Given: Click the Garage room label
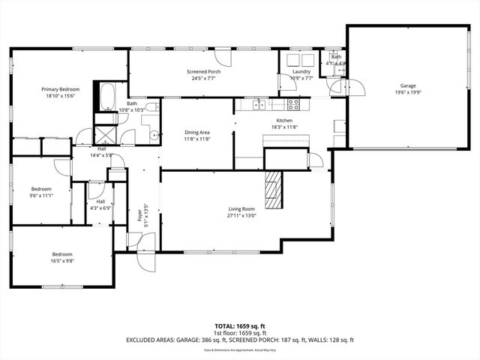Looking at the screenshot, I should coord(407,85).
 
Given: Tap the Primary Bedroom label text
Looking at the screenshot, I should coord(60,88).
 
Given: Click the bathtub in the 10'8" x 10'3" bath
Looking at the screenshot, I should coord(106,97).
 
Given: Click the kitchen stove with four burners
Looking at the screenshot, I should coord(293,104).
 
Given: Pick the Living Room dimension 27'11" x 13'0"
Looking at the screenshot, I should coord(242,215).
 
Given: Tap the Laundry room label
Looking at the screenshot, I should coord(290,71).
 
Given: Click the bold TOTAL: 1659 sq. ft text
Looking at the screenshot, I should coord(239,325).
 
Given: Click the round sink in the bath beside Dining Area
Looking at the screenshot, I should coord(155,136).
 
